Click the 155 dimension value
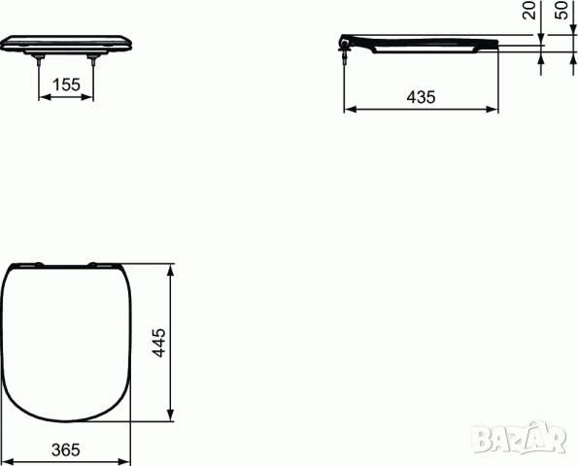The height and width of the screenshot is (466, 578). (x=66, y=85)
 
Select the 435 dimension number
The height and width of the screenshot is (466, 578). (x=421, y=97)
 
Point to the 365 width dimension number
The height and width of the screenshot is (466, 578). (x=64, y=450)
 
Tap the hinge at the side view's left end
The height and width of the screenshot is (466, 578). (x=345, y=45)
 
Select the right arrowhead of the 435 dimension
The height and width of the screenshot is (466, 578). (x=494, y=110)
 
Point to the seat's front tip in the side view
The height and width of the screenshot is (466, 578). (x=496, y=44)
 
